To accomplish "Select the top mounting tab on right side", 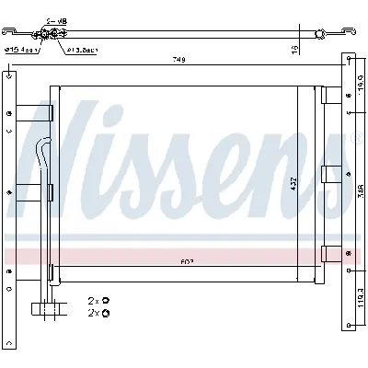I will tap(328, 95).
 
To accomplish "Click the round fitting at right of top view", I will tap(319, 34).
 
